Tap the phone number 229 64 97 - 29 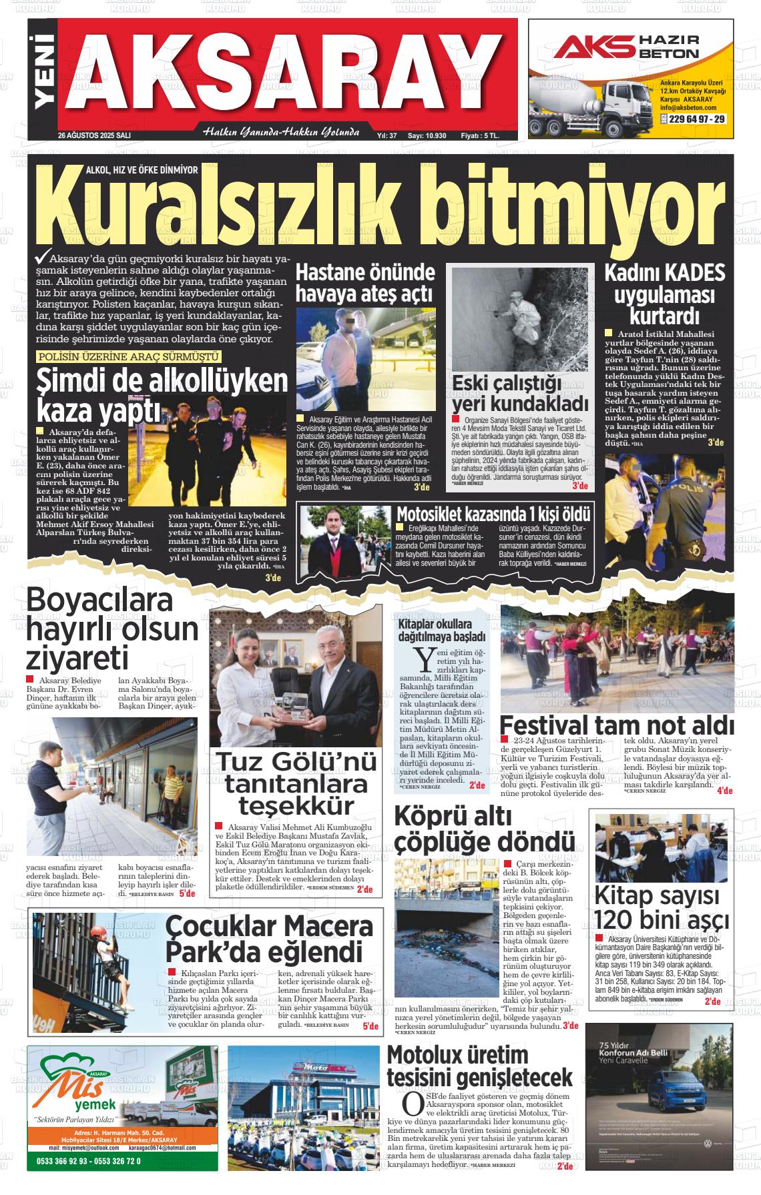click(692, 119)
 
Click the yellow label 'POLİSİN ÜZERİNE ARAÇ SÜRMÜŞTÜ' click(129, 357)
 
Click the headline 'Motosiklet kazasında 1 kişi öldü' click(493, 514)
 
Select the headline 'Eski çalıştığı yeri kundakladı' click(520, 394)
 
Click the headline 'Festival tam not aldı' click(616, 725)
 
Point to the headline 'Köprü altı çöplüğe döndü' click(484, 828)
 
